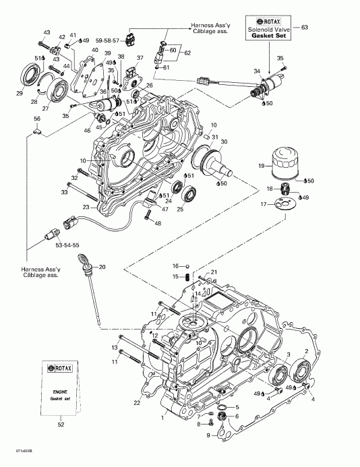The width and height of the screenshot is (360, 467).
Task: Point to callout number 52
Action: [61, 426]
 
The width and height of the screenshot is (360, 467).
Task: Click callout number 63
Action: [304, 27]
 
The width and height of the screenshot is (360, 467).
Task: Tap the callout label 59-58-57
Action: [125, 40]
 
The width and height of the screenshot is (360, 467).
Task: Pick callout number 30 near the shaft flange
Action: [224, 142]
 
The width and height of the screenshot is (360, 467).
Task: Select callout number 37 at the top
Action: [140, 58]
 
